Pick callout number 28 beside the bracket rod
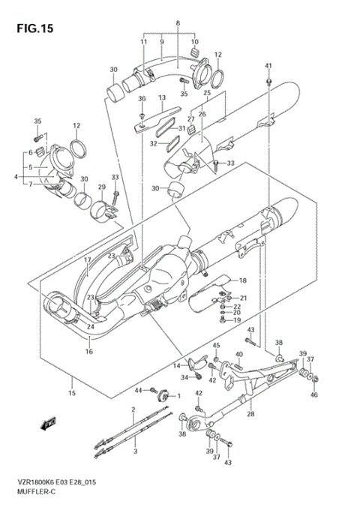tap(250, 413)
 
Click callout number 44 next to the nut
tap(138, 391)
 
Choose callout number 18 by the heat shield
tap(242, 280)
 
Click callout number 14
tap(177, 365)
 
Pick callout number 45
tap(216, 345)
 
